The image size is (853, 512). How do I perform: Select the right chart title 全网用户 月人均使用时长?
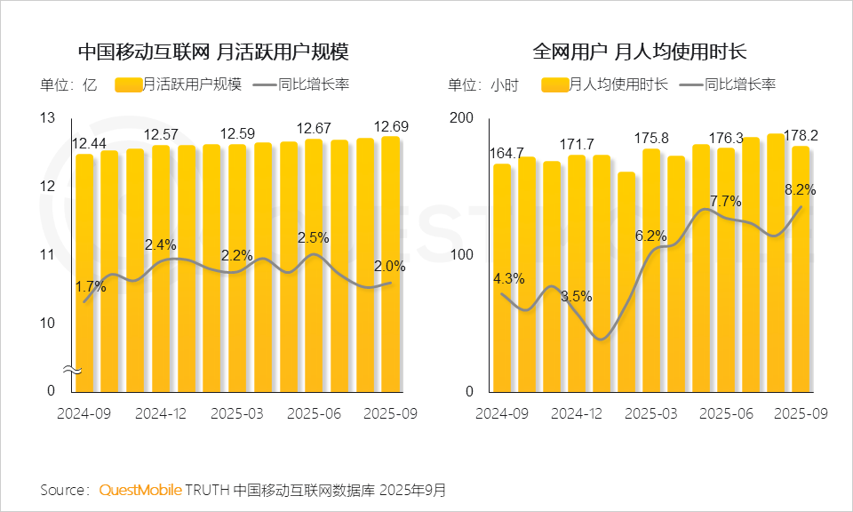tap(640, 52)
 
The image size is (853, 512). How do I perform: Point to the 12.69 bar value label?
tap(392, 126)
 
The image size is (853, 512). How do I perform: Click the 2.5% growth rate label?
tap(313, 237)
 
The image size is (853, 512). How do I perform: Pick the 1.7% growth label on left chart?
tap(91, 287)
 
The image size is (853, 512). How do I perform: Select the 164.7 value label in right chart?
tap(506, 152)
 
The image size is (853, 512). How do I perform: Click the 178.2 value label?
tap(797, 135)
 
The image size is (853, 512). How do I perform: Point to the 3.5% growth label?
tap(576, 296)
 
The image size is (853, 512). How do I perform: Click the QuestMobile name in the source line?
tap(140, 490)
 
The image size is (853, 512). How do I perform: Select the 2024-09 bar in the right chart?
tap(503, 277)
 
